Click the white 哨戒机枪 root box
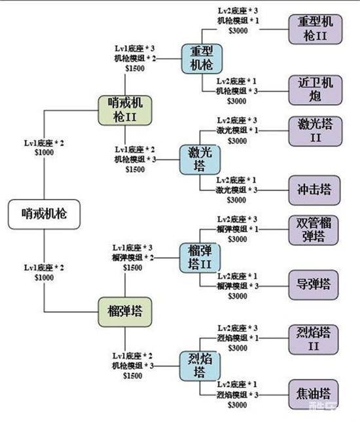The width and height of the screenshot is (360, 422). [44, 214]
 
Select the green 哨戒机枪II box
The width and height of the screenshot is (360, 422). [125, 111]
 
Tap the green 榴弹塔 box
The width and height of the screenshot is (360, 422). [125, 312]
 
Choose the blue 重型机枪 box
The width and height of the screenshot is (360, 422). [202, 59]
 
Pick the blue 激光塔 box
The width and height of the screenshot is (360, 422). [200, 160]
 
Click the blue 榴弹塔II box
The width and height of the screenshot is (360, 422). [200, 258]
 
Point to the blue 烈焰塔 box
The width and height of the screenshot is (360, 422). [200, 366]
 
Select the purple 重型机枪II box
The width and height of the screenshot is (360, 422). [315, 29]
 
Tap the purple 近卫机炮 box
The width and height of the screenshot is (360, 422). [315, 90]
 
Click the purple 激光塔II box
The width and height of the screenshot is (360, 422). [315, 131]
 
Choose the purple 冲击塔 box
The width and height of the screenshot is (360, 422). [314, 190]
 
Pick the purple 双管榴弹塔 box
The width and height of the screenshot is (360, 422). [314, 230]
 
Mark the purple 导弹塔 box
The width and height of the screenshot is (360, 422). [314, 285]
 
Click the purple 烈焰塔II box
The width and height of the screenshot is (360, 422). [314, 340]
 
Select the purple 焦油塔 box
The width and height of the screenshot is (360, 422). [314, 395]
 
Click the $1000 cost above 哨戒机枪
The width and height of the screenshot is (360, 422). [44, 152]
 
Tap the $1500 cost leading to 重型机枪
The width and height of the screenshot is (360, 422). [135, 68]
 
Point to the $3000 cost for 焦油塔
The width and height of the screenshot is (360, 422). [237, 405]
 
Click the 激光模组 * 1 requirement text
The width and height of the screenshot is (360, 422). [237, 130]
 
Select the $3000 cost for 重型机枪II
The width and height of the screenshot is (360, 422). [238, 31]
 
